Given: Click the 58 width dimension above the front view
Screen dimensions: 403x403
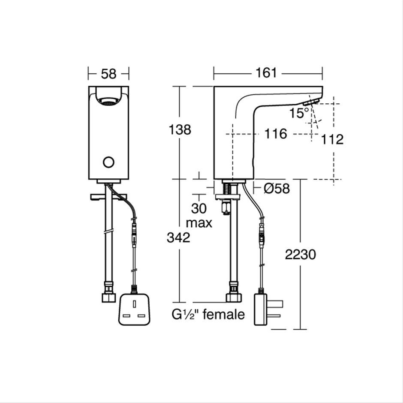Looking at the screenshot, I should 108,73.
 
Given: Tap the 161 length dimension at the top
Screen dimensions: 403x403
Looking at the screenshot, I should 266,73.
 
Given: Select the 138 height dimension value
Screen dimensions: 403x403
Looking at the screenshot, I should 180,129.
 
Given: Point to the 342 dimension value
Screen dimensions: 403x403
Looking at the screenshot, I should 178,238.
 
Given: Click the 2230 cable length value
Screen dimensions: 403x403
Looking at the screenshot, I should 300,254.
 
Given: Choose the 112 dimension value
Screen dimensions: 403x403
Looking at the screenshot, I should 332,139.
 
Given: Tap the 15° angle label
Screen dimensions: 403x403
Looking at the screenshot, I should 299,113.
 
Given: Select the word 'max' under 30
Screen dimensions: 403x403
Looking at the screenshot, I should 199,223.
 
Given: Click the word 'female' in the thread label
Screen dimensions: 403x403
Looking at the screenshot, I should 223,315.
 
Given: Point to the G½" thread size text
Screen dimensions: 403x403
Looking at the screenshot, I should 186,315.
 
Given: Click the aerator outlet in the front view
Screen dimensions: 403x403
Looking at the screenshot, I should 108,102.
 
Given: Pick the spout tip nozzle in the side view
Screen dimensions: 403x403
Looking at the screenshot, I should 310,102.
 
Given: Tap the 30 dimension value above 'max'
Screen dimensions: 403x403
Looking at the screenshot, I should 199,209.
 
